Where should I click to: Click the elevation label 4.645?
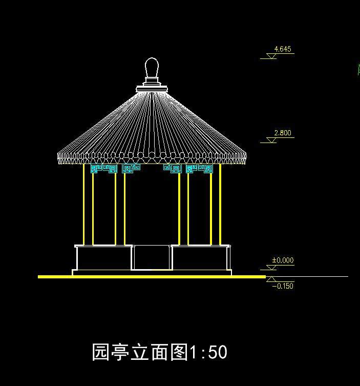[x=283, y=49]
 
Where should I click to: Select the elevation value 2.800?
[x=283, y=133]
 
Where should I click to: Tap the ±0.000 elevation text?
[x=283, y=260]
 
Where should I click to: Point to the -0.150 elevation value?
[x=283, y=286]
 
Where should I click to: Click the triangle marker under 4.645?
[x=271, y=56]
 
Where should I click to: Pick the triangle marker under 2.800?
[x=271, y=140]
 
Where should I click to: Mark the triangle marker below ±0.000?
[x=271, y=268]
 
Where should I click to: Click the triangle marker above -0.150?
[x=271, y=279]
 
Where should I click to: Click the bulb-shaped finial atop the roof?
[x=152, y=68]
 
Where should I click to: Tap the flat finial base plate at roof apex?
[x=152, y=89]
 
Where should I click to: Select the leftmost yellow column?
[x=83, y=205]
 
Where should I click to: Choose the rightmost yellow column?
[x=220, y=205]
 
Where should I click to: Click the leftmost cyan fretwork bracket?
[x=96, y=169]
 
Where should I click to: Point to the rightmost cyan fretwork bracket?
[x=205, y=169]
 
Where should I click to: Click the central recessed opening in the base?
[x=152, y=258]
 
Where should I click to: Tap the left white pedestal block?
[x=104, y=257]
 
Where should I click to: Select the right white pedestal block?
[x=201, y=257]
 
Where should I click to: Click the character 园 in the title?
[x=101, y=352]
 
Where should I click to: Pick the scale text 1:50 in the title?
[x=208, y=352]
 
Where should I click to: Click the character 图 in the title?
[x=179, y=352]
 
